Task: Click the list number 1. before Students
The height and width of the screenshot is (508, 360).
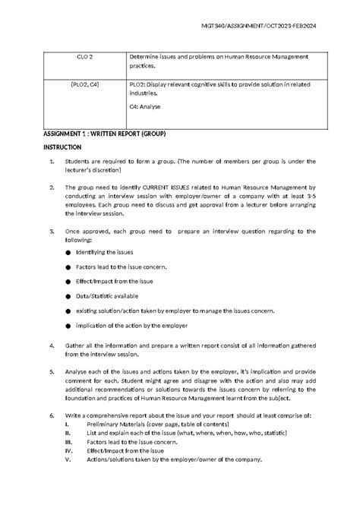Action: [x=51, y=162]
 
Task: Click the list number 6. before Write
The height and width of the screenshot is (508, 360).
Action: [x=51, y=417]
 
